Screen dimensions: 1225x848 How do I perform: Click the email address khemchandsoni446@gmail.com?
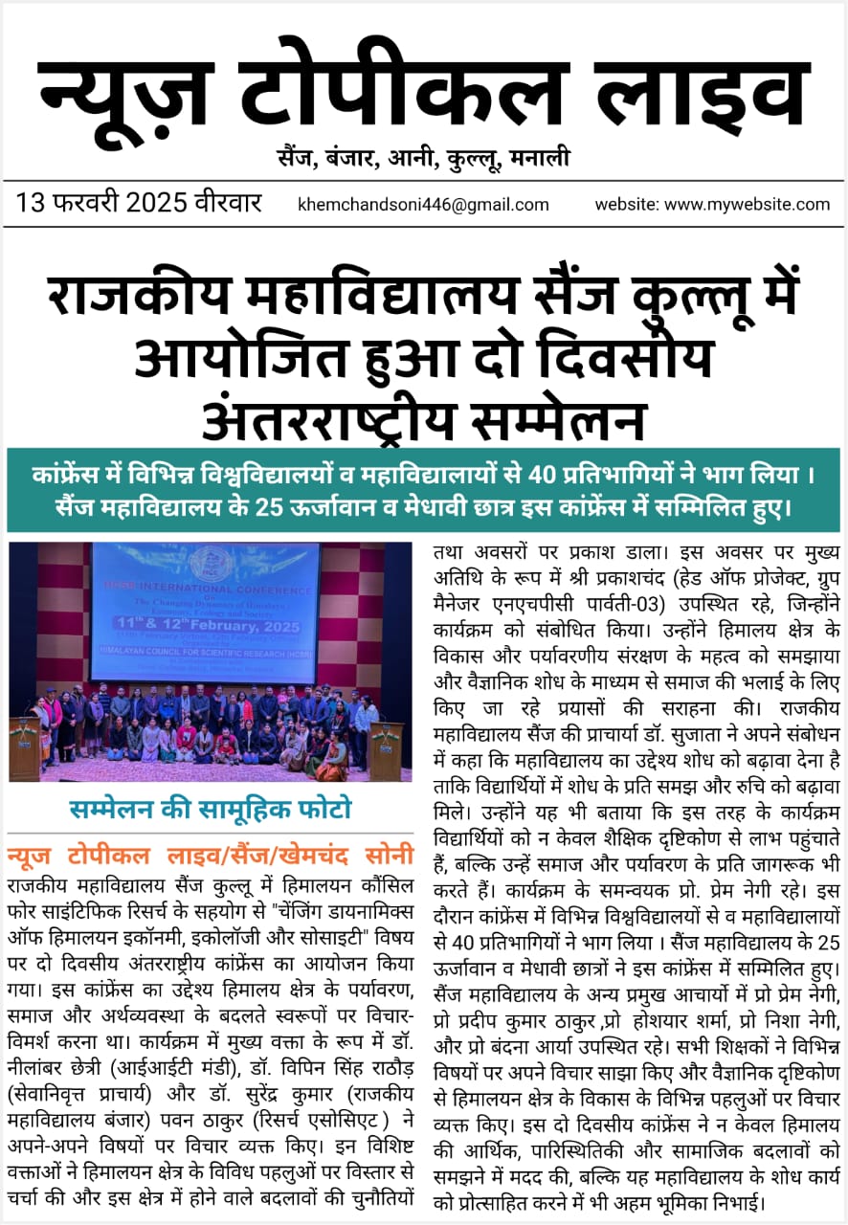pos(424,204)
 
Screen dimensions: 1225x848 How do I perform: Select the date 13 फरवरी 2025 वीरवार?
pos(138,203)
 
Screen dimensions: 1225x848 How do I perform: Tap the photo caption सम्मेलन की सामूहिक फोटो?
pos(210,810)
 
